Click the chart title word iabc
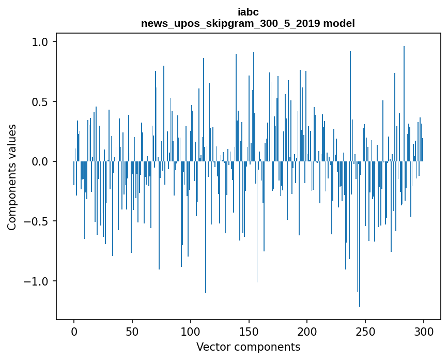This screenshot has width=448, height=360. [x=248, y=12]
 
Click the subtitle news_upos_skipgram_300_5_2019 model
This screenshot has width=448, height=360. [x=248, y=23]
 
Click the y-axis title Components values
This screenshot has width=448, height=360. [x=12, y=177]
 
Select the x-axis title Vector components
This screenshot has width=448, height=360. [x=248, y=347]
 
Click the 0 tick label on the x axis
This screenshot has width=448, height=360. [x=74, y=331]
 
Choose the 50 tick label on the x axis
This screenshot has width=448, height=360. [x=132, y=331]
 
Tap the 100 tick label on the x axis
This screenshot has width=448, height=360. [x=191, y=331]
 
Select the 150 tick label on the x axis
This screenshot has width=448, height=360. [x=249, y=331]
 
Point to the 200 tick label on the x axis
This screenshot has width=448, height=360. [x=307, y=331]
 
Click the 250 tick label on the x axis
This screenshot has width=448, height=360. [x=365, y=331]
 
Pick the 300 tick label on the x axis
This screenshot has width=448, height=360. [x=424, y=331]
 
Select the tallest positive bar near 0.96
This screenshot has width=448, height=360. [x=404, y=103]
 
